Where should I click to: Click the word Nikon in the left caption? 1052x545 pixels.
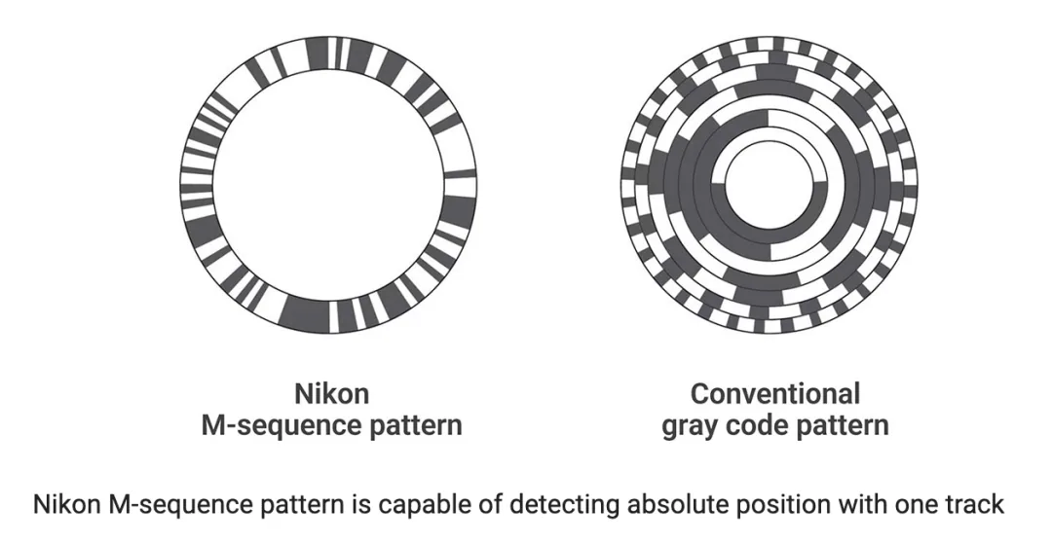[331, 393]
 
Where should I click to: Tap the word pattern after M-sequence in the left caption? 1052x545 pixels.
[405, 425]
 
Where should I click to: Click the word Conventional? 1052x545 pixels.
[775, 393]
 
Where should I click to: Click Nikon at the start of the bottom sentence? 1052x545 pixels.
[67, 504]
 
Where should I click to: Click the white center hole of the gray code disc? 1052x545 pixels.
[769, 184]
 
